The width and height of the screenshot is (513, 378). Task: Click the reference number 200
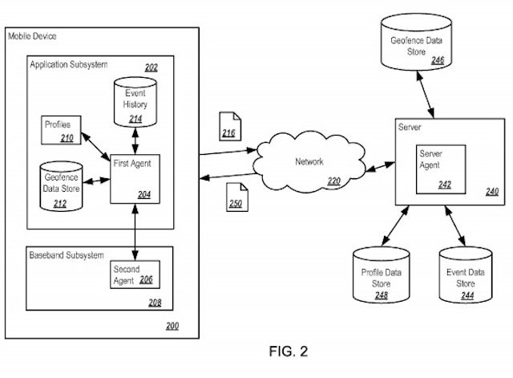point(172,325)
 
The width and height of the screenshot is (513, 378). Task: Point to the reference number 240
point(491,191)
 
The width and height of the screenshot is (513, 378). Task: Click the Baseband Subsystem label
point(65,255)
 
